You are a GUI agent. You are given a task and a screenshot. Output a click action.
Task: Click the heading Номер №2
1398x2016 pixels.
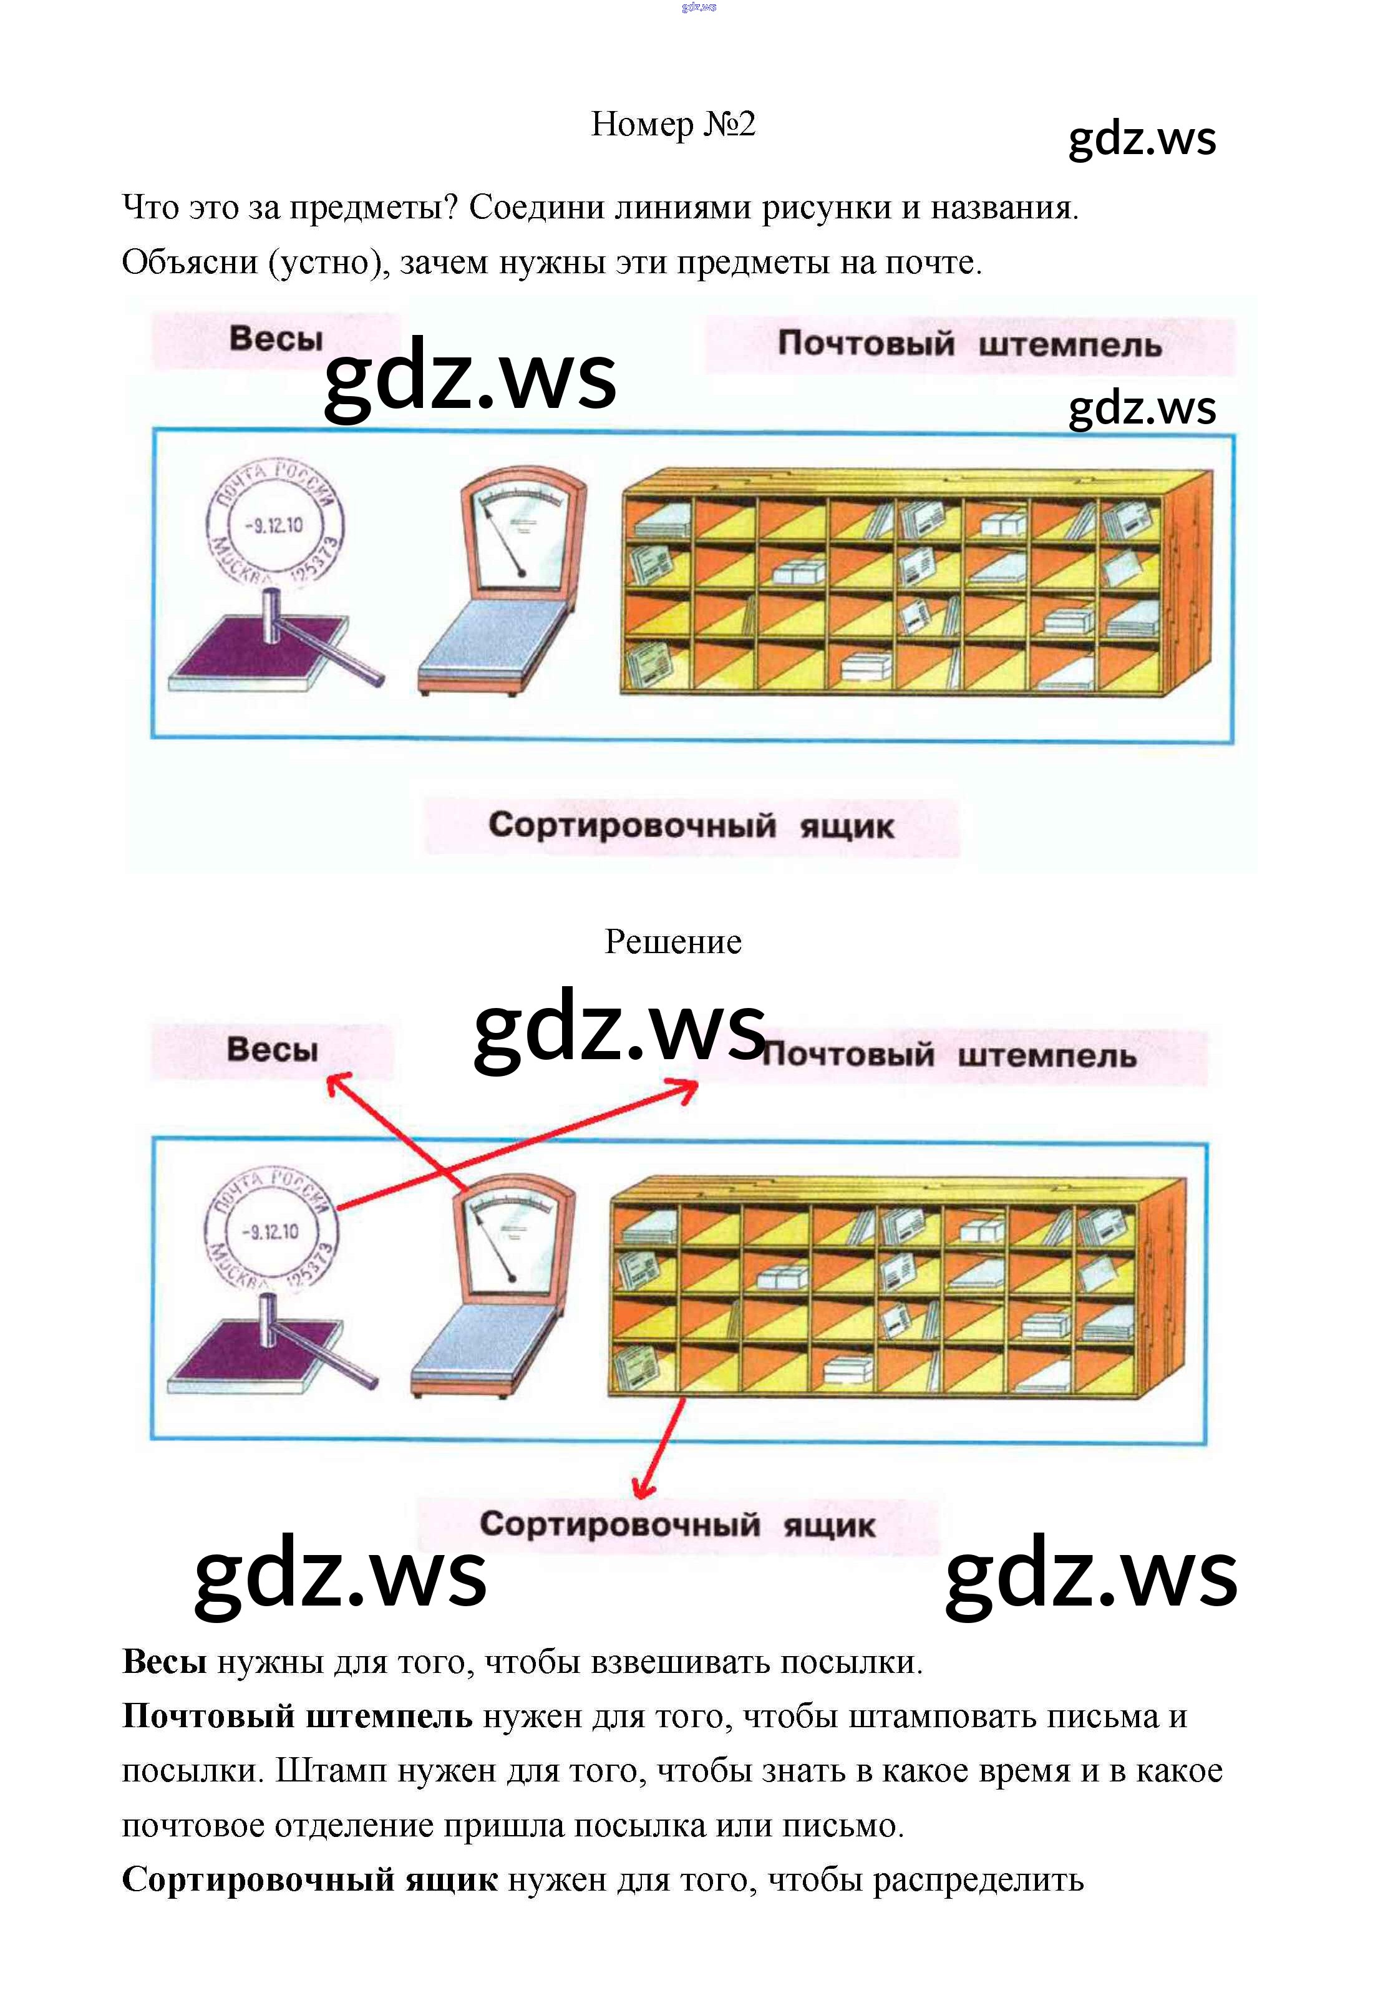(672, 124)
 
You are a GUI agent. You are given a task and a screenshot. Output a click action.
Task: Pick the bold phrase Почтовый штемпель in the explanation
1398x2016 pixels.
(297, 1715)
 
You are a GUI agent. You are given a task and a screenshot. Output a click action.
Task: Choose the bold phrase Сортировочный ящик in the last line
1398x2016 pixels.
(309, 1879)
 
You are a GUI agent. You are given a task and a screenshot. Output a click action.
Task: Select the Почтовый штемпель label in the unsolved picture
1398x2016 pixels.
(969, 344)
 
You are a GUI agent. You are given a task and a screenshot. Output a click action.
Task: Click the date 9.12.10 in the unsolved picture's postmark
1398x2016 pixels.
(274, 525)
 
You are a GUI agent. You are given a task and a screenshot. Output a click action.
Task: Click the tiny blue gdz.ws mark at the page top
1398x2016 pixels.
(699, 7)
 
